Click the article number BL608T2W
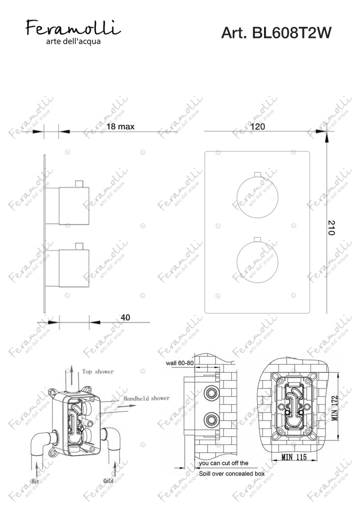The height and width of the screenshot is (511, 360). click(276, 33)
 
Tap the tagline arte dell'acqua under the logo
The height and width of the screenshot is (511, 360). click(73, 41)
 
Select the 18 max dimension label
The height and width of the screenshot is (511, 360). click(120, 126)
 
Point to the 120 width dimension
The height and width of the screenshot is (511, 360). click(258, 126)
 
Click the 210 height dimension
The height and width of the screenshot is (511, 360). click(331, 228)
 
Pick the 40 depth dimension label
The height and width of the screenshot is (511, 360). click(125, 317)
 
